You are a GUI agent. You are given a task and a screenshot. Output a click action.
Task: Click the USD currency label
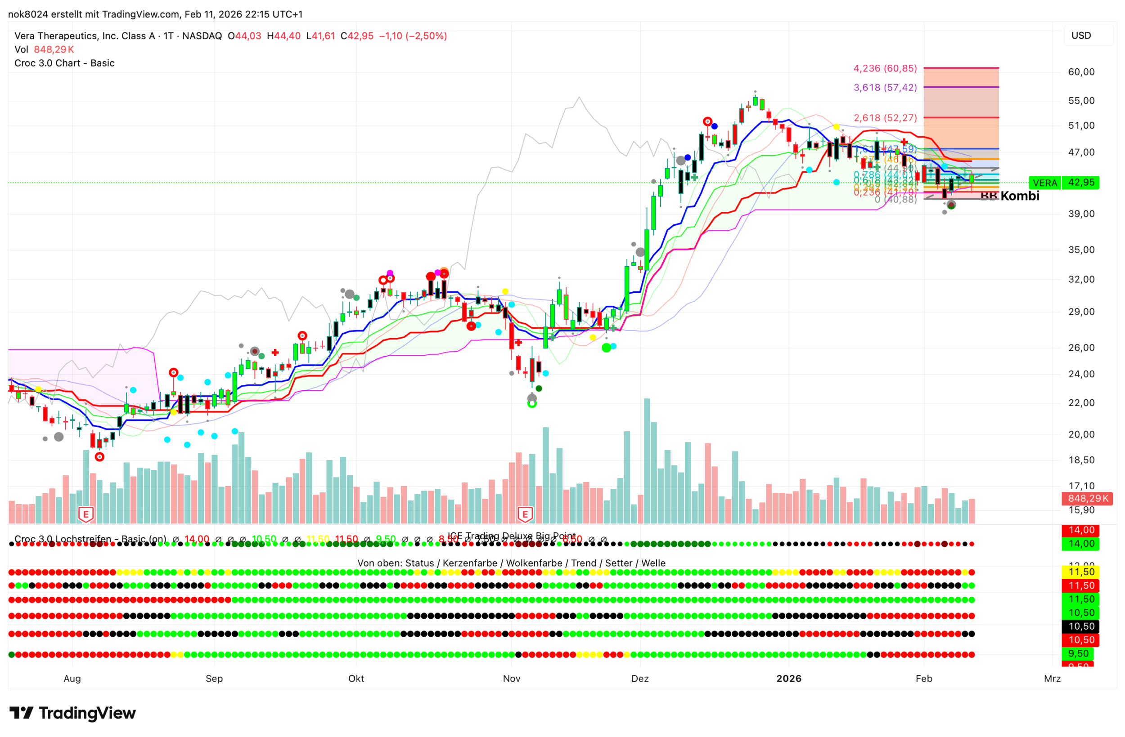pos(1080,36)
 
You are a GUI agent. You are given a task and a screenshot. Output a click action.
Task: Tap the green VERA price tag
pos(1044,183)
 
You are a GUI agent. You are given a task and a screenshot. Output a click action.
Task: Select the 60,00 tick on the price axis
pos(1081,72)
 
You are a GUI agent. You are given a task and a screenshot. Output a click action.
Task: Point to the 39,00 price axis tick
pos(1081,214)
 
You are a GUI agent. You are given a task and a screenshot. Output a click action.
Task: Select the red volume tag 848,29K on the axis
pos(1087,498)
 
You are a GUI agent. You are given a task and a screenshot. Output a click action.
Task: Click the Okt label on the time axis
pos(356,679)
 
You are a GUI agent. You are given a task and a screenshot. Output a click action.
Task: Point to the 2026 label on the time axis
pos(788,679)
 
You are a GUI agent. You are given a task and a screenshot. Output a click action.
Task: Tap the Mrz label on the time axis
pos(1052,679)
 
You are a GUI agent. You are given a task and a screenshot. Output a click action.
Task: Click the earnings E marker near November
pos(525,514)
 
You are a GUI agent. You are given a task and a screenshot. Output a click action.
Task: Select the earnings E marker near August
pos(85,514)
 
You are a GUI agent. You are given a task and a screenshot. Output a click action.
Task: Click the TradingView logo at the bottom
pos(73,713)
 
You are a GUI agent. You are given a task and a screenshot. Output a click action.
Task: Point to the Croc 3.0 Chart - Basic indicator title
pos(64,63)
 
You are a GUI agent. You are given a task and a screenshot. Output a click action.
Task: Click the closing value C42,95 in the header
pos(357,36)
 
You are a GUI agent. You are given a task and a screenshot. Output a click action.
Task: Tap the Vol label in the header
pos(21,49)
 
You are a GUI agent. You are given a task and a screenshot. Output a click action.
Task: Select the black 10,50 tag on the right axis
pos(1081,626)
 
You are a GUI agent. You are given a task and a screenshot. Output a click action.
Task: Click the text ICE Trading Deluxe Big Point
pos(512,536)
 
